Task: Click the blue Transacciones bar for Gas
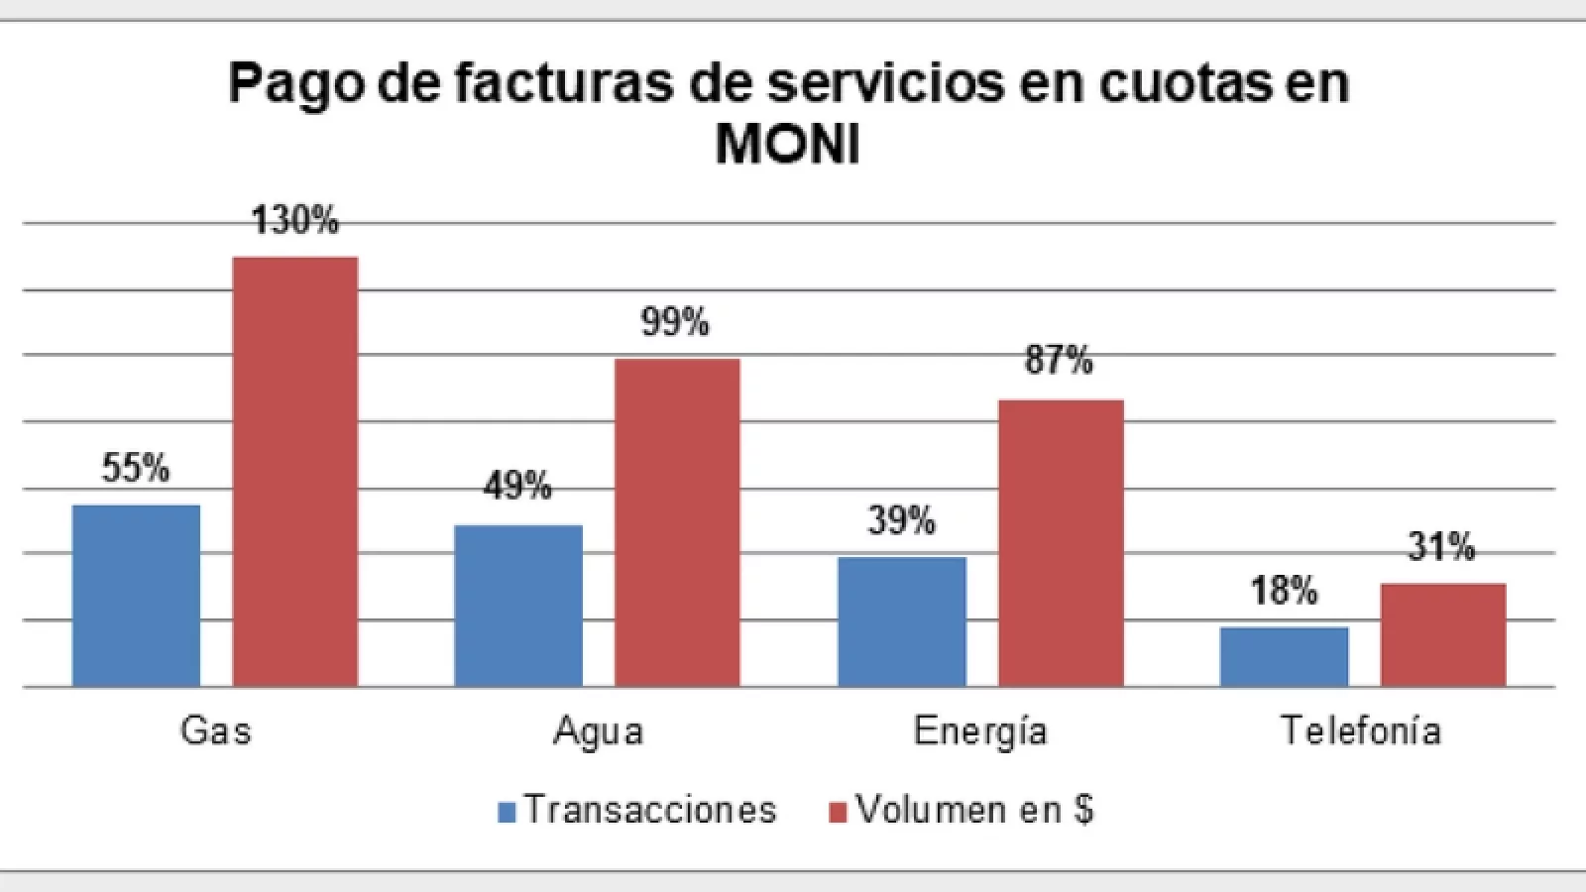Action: click(137, 595)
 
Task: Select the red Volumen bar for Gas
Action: click(295, 472)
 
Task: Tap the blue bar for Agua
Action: click(518, 605)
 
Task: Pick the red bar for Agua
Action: click(677, 522)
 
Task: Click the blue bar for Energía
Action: click(902, 621)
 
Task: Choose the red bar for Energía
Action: click(1061, 543)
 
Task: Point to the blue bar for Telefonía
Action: click(1284, 656)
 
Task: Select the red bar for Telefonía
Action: click(1443, 634)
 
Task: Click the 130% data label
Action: click(295, 220)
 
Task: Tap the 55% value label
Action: click(136, 468)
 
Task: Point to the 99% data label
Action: click(675, 322)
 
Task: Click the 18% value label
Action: click(1284, 592)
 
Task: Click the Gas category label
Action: click(216, 731)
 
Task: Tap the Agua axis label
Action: click(598, 731)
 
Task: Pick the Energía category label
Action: click(980, 731)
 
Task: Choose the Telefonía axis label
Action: click(1361, 731)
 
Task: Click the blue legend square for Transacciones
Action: click(508, 812)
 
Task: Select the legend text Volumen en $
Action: click(974, 810)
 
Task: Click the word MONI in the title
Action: click(787, 146)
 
